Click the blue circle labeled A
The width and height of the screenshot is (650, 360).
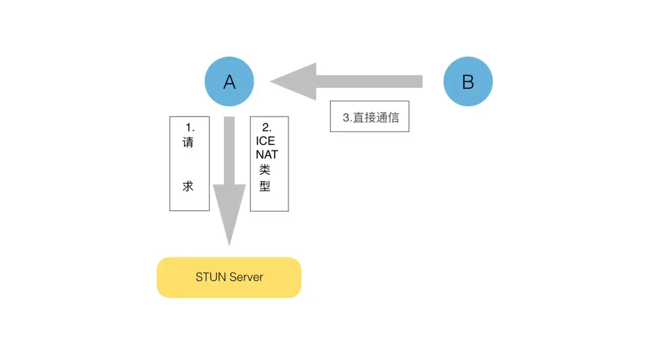point(229,82)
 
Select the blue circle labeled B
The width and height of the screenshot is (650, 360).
point(468,82)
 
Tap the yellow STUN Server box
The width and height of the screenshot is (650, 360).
point(229,277)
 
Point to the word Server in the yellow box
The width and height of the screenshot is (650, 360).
point(246,277)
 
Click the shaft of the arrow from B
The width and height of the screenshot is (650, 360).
point(368,82)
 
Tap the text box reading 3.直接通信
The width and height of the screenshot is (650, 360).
point(369,116)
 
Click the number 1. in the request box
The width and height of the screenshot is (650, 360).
point(190,128)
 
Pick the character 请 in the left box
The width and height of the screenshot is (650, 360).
point(188,143)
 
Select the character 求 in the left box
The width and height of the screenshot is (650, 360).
point(188,186)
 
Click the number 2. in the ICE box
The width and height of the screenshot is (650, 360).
point(266,128)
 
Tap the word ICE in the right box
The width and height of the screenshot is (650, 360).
point(265,141)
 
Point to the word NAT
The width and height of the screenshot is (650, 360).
point(266,155)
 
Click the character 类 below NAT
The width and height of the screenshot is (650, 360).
point(265,169)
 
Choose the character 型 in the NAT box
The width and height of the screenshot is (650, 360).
point(265,186)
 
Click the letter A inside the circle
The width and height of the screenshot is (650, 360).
point(229,82)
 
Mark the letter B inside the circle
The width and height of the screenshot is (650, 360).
point(468,82)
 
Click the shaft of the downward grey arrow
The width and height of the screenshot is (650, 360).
point(229,152)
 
